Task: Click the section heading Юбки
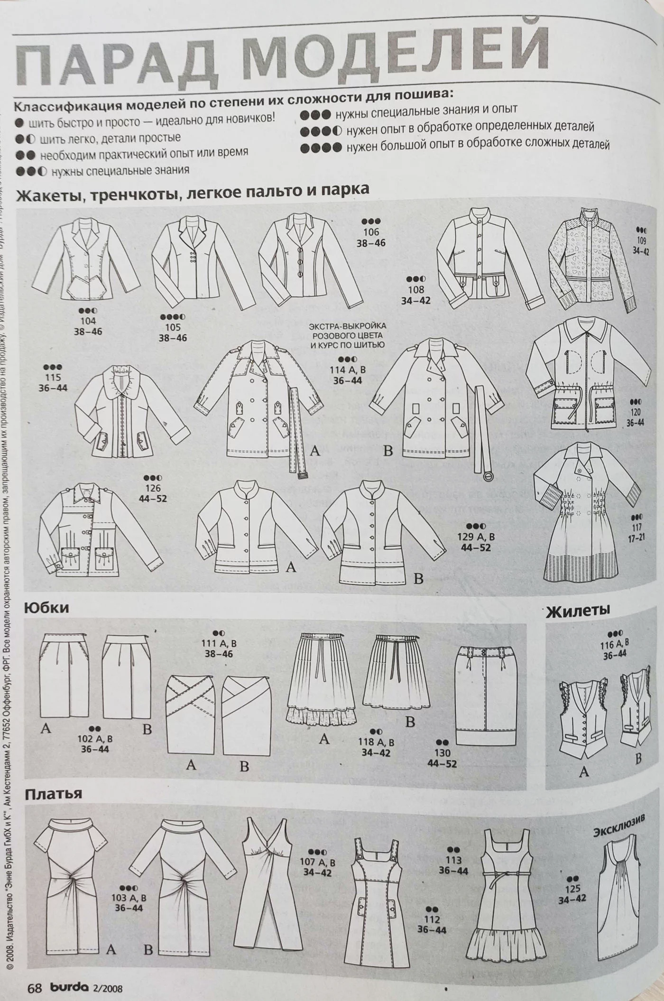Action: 46,608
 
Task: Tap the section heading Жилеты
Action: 578,611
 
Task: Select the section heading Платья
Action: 53,794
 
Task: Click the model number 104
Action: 88,321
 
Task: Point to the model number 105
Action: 173,327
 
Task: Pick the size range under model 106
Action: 371,243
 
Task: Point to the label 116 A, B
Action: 615,644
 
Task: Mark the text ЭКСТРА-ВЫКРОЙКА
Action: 347,326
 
